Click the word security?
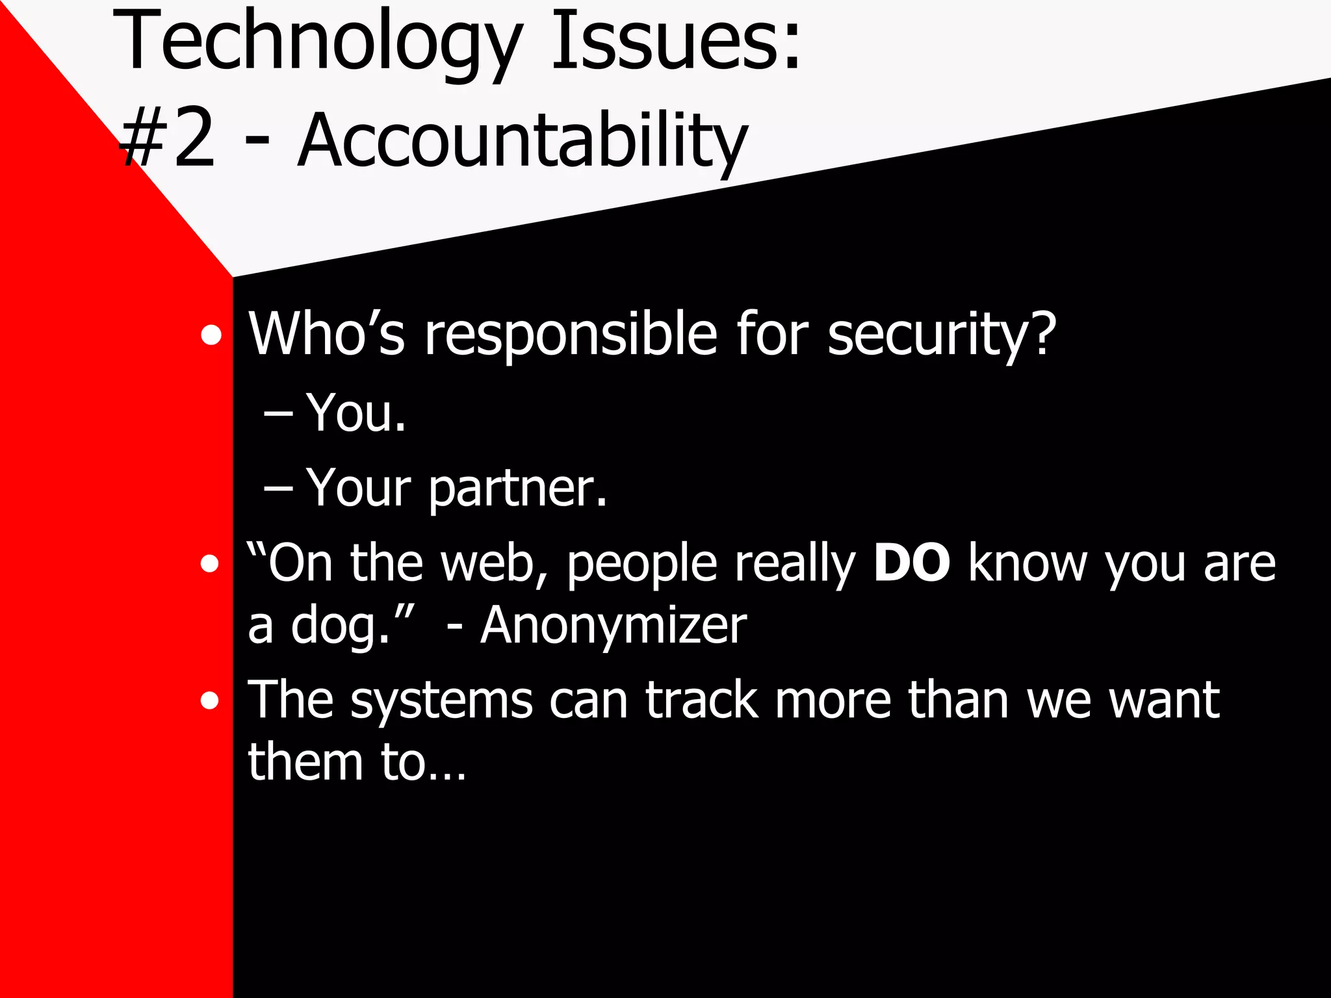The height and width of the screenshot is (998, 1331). coord(942,335)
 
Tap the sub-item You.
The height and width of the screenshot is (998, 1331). coord(356,413)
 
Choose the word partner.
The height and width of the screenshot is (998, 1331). coord(518,489)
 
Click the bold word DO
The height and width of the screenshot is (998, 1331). coord(911,563)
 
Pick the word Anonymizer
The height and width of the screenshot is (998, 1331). coord(614,625)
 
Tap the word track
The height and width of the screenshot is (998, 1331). coord(701,700)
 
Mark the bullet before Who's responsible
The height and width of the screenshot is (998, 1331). coord(211,336)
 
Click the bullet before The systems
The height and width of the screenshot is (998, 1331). coord(209,701)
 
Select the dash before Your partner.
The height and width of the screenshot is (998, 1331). coord(278,487)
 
